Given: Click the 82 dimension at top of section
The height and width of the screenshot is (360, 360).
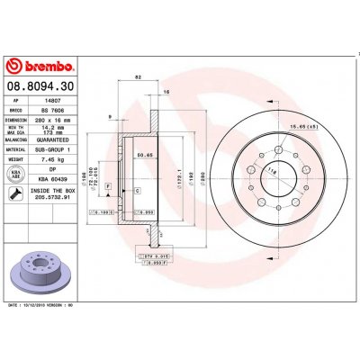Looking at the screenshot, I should point(137,79).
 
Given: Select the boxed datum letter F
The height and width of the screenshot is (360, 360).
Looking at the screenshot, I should point(108,185).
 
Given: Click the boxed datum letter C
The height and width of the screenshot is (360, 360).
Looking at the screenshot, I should point(136,192).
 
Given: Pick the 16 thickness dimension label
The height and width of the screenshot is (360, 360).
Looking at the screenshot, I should point(166,93).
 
